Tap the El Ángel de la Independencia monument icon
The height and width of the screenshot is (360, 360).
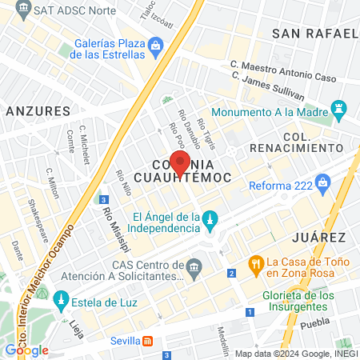(x=210, y=218)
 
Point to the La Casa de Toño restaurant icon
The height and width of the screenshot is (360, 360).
(x=255, y=262)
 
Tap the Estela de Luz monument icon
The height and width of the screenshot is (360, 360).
(x=62, y=301)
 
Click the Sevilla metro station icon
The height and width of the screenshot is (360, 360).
(x=147, y=340)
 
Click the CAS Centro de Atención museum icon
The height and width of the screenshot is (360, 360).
(x=194, y=266)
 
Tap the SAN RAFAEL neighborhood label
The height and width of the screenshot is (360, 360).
(x=314, y=33)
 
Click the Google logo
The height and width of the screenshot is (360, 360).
(x=26, y=350)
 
